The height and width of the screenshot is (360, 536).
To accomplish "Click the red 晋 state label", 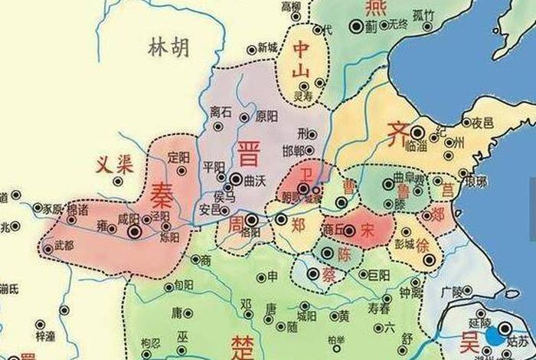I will click(248, 152).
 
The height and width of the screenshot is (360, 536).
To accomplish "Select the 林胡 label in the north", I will click(167, 49).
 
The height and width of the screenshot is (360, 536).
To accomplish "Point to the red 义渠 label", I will click(114, 163).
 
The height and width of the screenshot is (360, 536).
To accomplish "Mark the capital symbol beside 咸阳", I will click(135, 231).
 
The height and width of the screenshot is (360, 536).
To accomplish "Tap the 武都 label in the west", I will click(64, 245).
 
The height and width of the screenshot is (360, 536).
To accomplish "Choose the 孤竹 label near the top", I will click(423, 14).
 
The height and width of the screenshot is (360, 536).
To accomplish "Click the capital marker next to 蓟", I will click(355, 26).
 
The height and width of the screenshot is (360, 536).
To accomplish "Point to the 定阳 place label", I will click(178, 155).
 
